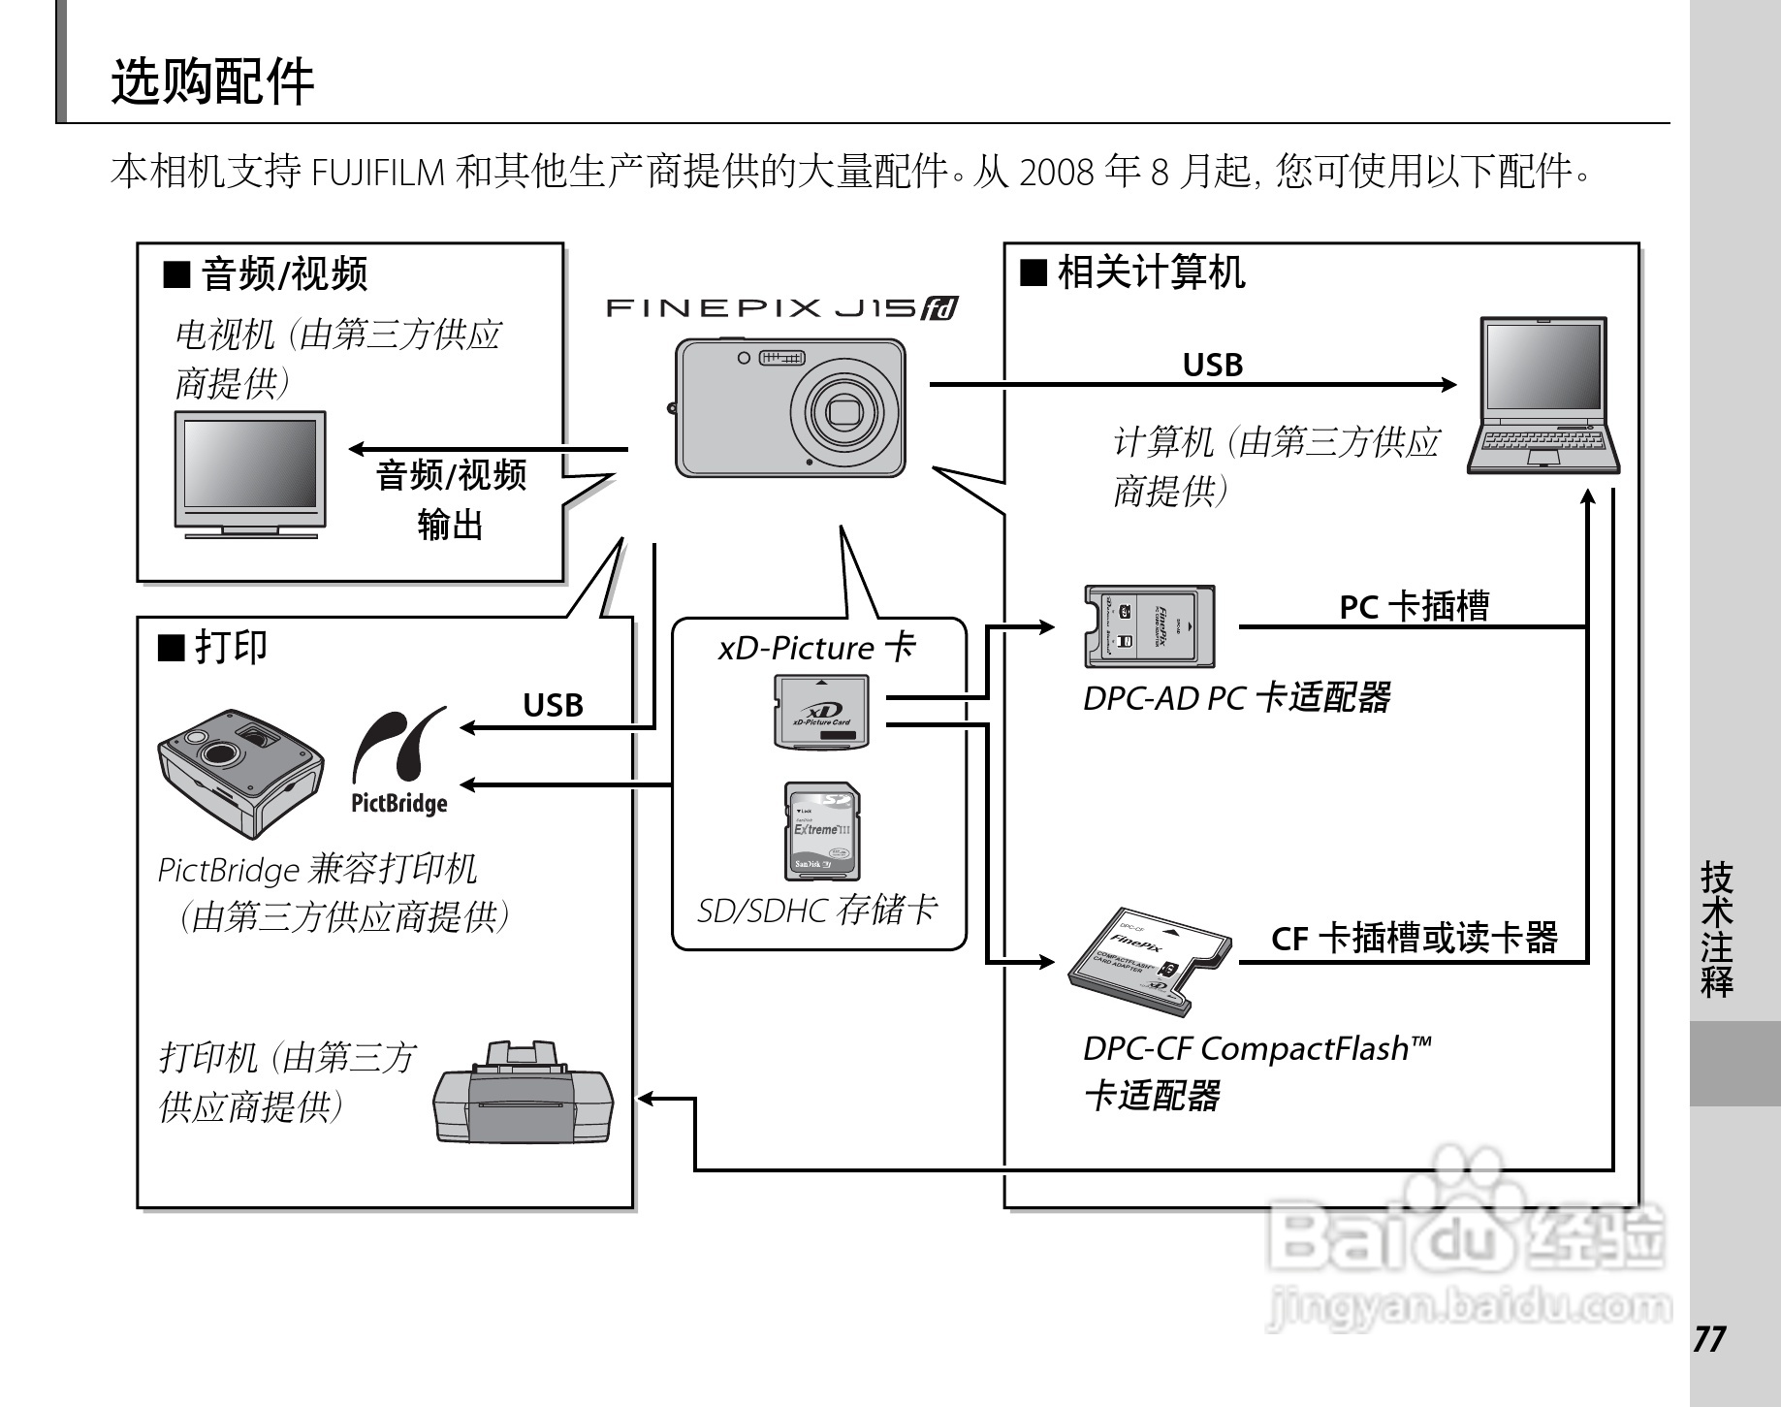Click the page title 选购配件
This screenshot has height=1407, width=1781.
tap(212, 80)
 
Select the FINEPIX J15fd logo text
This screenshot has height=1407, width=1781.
tap(781, 308)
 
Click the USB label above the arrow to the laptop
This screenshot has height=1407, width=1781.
tap(1212, 365)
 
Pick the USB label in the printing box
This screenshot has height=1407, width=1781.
tap(553, 705)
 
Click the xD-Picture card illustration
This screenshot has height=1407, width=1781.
tap(821, 713)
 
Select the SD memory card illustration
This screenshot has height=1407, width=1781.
tap(821, 831)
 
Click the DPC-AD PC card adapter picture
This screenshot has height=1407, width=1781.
tap(1149, 626)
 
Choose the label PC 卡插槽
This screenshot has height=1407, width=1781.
tap(1414, 607)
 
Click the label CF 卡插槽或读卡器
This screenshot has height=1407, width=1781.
tap(1414, 938)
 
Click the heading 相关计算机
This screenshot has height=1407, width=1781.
tap(1133, 272)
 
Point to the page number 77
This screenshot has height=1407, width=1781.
tap(1709, 1339)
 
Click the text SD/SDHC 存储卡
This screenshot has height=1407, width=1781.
tap(817, 910)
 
